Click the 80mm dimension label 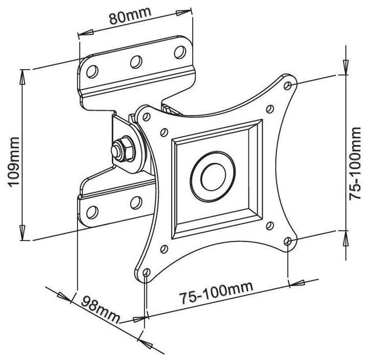[130, 16]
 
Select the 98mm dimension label [101, 309]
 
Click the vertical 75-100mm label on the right [354, 163]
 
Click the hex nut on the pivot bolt [123, 149]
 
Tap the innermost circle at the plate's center [213, 177]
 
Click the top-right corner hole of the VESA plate [288, 86]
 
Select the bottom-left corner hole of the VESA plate [146, 272]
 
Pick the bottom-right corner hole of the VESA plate [288, 241]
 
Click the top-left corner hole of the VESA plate [146, 117]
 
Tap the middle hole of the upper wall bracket [137, 62]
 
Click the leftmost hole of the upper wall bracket [92, 71]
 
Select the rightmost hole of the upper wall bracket [180, 52]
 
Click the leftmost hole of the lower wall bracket [92, 212]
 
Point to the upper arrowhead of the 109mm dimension [22, 77]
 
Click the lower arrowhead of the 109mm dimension [22, 232]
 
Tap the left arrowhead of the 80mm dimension [86, 33]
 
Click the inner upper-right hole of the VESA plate [270, 109]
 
